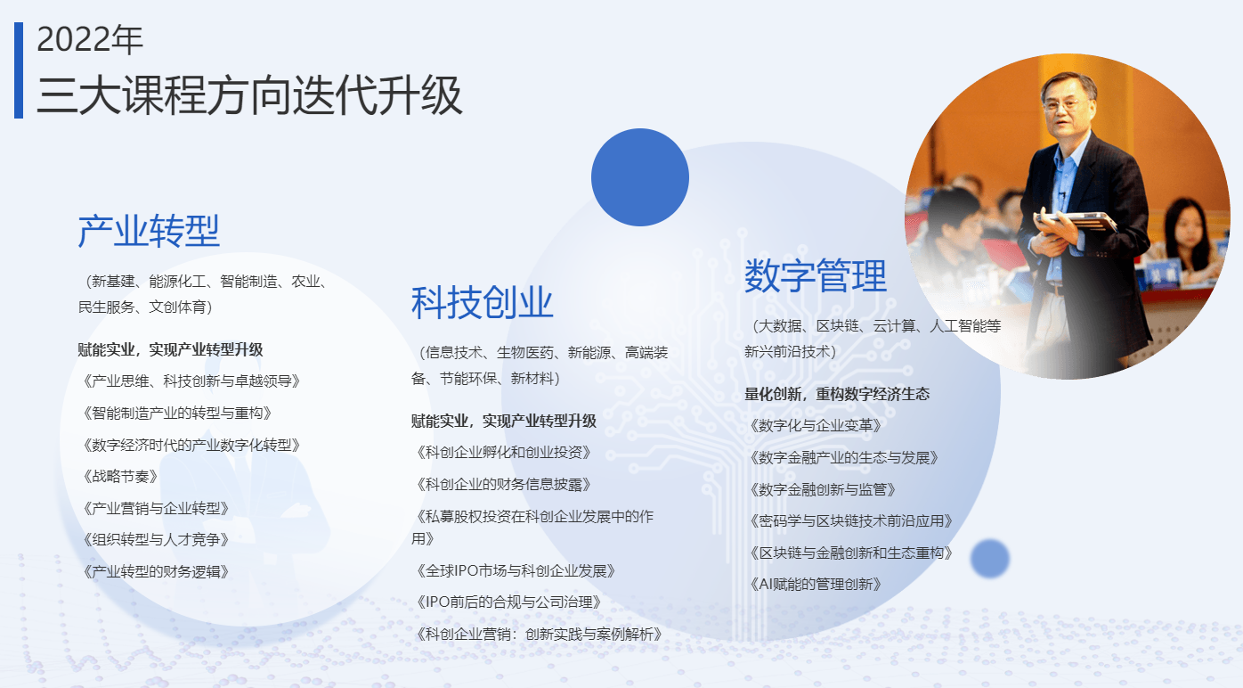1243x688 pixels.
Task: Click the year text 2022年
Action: pyautogui.click(x=90, y=39)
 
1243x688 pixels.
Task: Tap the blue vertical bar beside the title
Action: pyautogui.click(x=19, y=70)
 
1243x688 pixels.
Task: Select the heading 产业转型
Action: pyautogui.click(x=149, y=231)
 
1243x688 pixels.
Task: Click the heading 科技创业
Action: pyautogui.click(x=482, y=303)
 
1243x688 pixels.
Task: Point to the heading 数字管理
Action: pyautogui.click(x=816, y=275)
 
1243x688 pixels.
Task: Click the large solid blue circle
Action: pyautogui.click(x=640, y=177)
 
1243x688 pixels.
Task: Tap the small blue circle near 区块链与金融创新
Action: pyautogui.click(x=990, y=558)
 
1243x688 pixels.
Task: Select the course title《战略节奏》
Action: pyautogui.click(x=120, y=477)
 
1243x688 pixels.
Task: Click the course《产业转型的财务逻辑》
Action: pyautogui.click(x=156, y=571)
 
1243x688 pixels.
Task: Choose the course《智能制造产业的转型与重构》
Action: pyautogui.click(x=177, y=414)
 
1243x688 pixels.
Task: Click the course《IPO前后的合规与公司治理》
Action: pyautogui.click(x=508, y=602)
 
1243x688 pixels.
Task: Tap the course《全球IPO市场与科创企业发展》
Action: pyautogui.click(x=516, y=571)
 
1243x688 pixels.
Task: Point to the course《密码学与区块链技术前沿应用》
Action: pyautogui.click(x=850, y=520)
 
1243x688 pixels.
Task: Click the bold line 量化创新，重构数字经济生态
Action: pyautogui.click(x=837, y=394)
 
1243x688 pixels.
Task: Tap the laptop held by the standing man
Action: pyautogui.click(x=1076, y=221)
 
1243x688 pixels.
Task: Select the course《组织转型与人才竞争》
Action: pyautogui.click(x=156, y=540)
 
